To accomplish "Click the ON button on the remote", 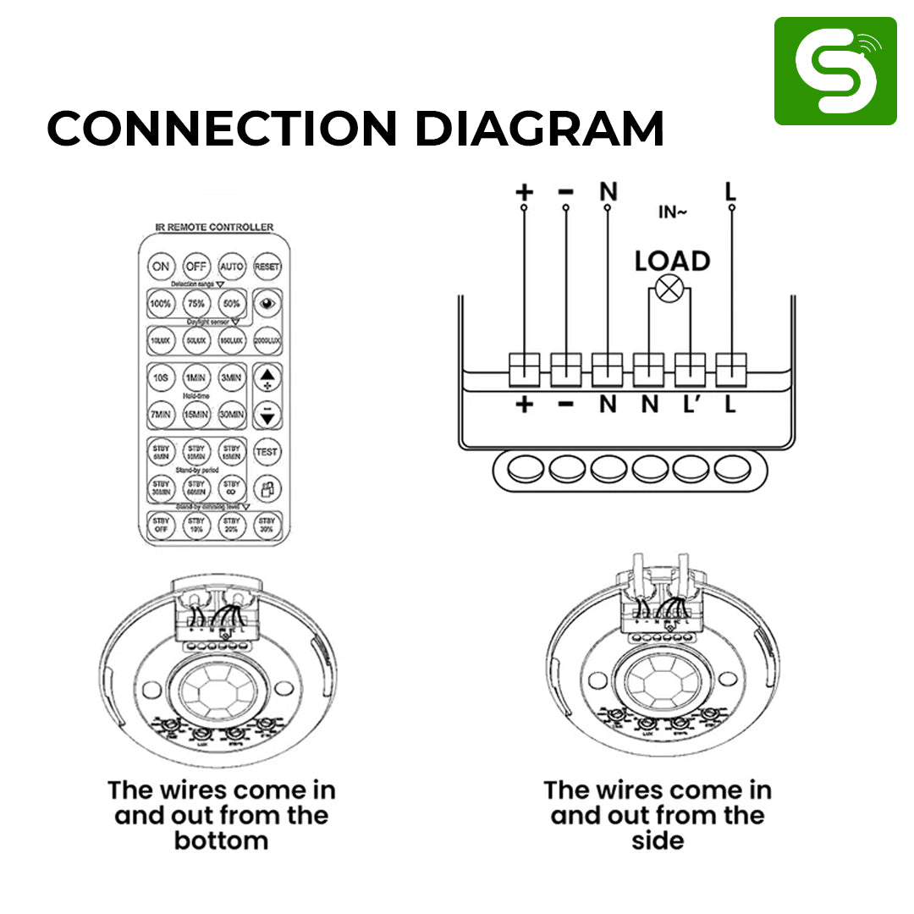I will (160, 266).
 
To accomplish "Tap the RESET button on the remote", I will (267, 266).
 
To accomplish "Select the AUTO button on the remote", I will (232, 266).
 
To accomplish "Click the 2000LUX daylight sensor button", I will (267, 339).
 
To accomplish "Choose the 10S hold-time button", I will (160, 377).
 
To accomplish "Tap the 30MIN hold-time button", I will (232, 415).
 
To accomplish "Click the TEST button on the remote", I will (267, 452).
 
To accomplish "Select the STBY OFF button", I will (161, 525).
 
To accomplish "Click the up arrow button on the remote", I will (267, 377).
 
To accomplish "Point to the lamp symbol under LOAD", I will (670, 289).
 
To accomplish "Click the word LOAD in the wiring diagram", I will (672, 262).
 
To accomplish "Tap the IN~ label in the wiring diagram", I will (672, 212).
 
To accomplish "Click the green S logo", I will (834, 71).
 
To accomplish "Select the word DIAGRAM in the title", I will (539, 129).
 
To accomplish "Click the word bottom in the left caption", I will (221, 840).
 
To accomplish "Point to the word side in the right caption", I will (658, 840).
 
